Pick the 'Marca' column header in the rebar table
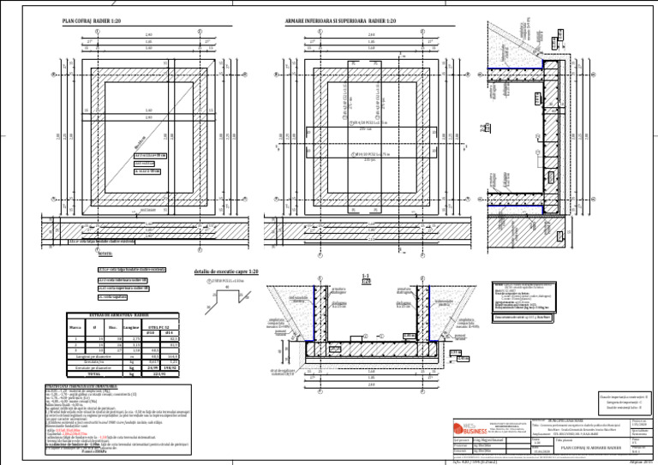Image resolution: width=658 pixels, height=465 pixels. point(75,326)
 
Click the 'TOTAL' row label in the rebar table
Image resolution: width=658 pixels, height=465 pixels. point(95,373)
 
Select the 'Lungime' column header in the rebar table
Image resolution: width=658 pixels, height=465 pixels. point(129,326)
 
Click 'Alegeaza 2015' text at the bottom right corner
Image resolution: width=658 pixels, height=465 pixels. point(642,461)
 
